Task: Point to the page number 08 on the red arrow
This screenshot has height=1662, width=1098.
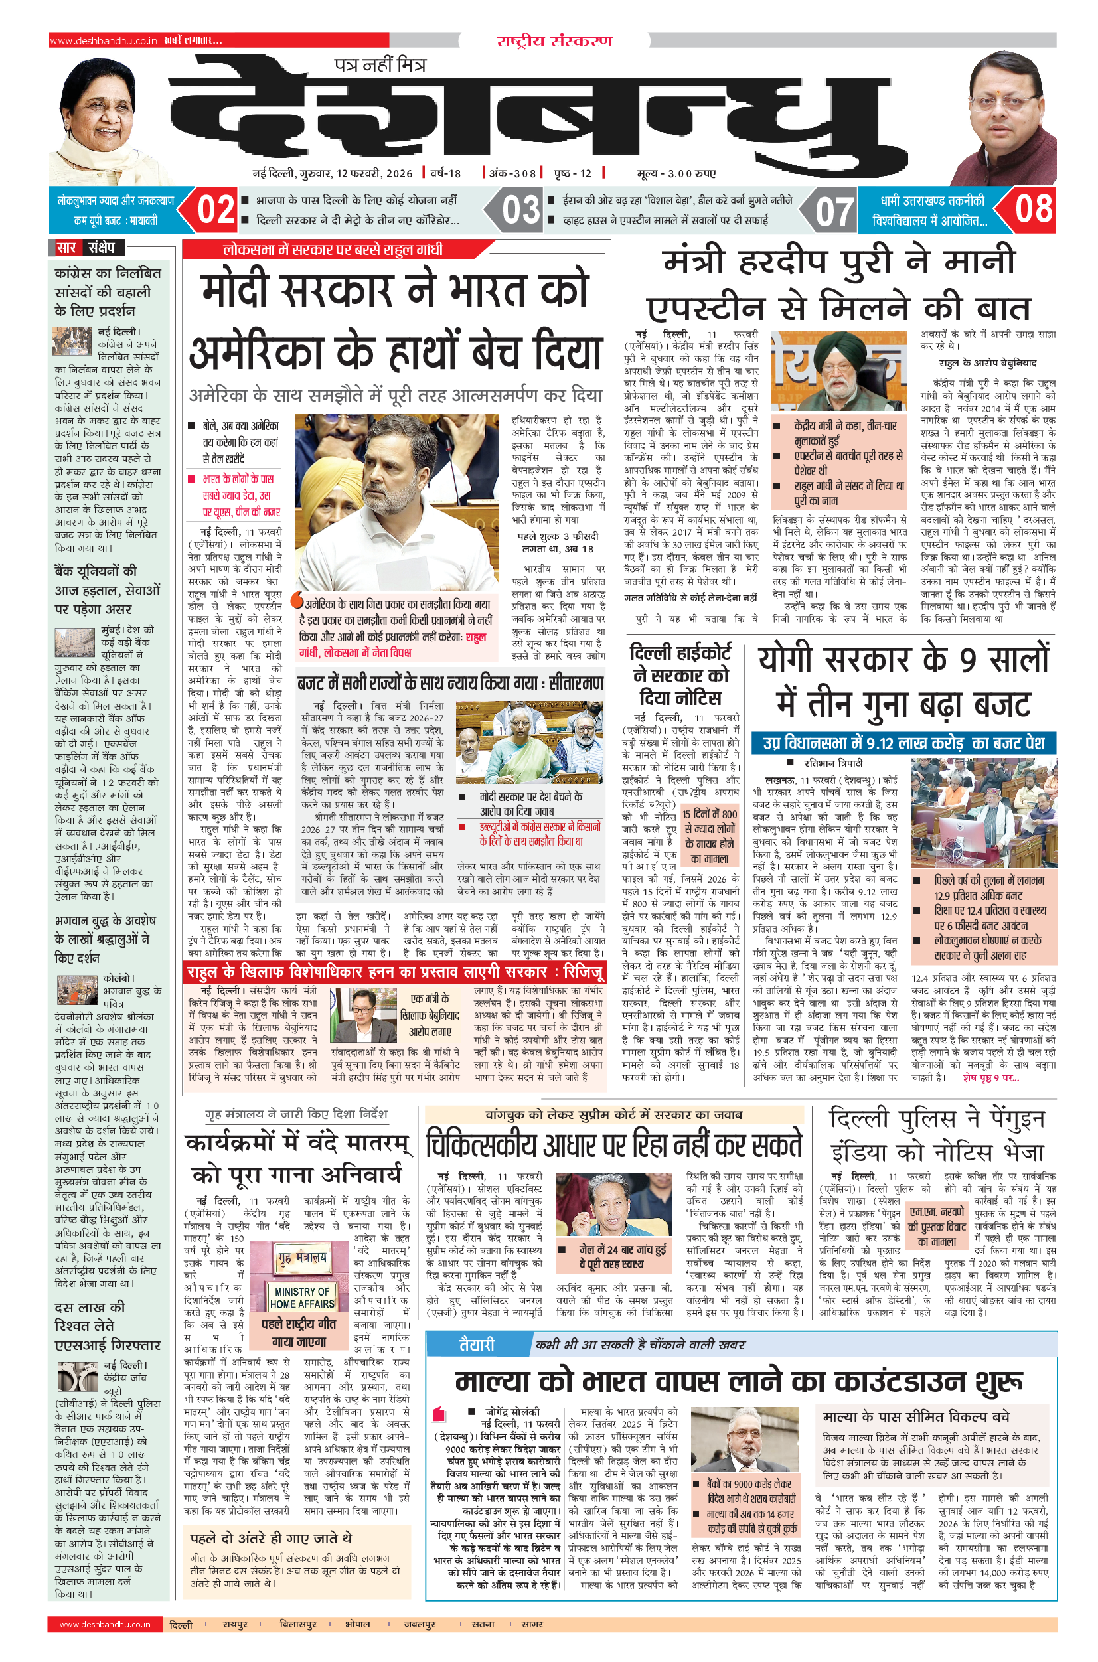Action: (x=1034, y=209)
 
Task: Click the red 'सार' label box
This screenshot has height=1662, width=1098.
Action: (x=67, y=248)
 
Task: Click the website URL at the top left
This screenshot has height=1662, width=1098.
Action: (x=104, y=41)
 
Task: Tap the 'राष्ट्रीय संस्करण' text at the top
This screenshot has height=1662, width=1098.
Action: (x=554, y=41)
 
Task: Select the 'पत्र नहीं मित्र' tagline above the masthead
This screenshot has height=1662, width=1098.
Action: (x=380, y=65)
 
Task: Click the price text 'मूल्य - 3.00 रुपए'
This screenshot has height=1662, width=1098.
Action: (x=676, y=173)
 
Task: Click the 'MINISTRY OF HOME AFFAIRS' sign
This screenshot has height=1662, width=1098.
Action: (x=302, y=1297)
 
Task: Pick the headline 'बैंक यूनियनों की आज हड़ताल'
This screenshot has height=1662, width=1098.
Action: (x=108, y=589)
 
